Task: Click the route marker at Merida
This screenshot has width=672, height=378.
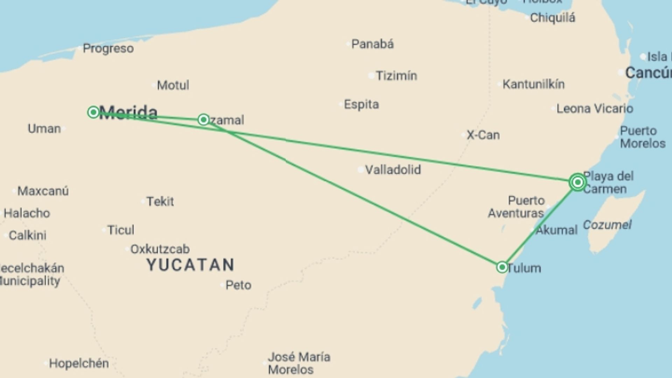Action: point(93,112)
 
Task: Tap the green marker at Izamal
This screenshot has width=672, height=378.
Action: point(203,120)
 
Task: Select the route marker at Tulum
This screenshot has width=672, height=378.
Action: point(502,267)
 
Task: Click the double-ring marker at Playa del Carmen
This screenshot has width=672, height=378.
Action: point(577,182)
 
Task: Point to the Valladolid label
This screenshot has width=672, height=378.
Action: point(393,170)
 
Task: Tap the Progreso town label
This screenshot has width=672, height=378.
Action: point(108,48)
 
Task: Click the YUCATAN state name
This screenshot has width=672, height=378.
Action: point(190,265)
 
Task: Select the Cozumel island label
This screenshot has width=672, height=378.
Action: point(607,225)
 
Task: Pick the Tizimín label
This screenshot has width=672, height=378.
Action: point(396,76)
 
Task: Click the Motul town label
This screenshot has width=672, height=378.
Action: point(173,85)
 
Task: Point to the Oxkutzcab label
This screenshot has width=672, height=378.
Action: point(160,249)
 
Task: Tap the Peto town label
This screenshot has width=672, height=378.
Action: point(238,285)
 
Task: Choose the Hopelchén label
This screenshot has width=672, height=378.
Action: point(79,363)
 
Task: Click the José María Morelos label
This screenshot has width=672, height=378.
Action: point(299,363)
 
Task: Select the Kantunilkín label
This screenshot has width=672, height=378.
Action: point(533,84)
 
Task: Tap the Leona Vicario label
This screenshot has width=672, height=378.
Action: point(595,108)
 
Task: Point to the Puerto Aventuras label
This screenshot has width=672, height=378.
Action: point(517,207)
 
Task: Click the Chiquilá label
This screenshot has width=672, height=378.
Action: point(552,17)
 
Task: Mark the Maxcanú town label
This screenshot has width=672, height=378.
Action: point(43,191)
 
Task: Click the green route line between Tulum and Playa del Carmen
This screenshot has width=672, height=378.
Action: point(539,225)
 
